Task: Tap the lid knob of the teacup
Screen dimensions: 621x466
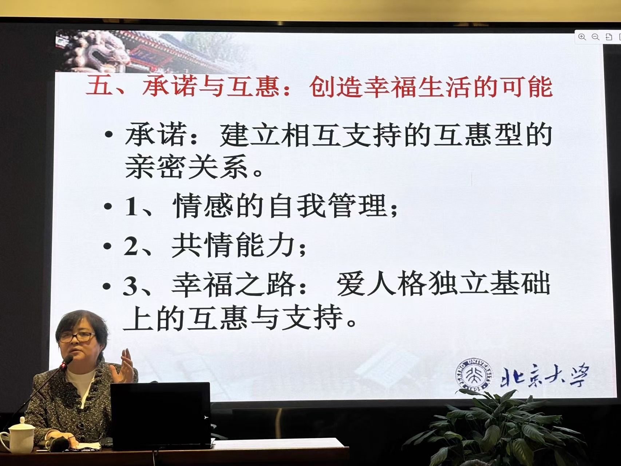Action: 22,420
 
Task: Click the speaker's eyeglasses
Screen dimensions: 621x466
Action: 77,337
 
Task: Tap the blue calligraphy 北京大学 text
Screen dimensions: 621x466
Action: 544,375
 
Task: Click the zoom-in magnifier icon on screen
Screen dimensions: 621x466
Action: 582,37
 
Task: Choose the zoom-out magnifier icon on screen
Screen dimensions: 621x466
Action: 596,37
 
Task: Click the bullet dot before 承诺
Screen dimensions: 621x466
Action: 108,135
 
